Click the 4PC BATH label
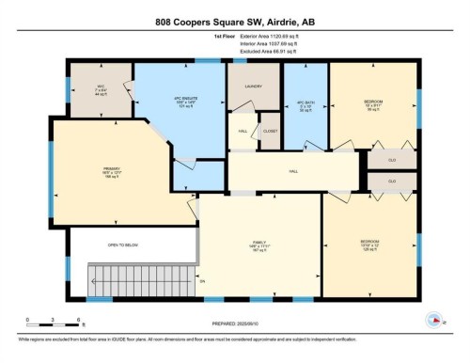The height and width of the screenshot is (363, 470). tap(304, 104)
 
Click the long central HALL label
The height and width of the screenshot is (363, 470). tap(293, 171)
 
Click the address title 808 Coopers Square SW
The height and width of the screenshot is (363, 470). tap(235, 19)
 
